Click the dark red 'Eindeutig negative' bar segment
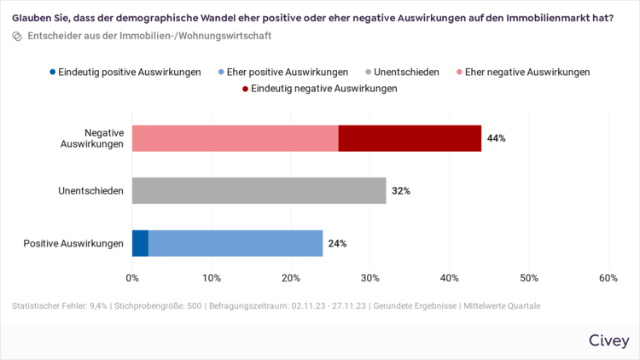[410, 138]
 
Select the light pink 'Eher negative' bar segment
[235, 138]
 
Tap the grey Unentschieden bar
[259, 190]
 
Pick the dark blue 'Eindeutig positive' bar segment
[140, 243]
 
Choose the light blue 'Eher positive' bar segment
[236, 243]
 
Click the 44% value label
[497, 138]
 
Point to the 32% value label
[401, 191]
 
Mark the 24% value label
[337, 244]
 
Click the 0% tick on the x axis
[132, 278]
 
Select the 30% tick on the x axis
[370, 278]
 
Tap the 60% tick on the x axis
[608, 278]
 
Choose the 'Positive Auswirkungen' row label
[73, 244]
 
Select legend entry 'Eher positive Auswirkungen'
[282, 73]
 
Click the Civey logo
[609, 340]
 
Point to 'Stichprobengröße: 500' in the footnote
[159, 305]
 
